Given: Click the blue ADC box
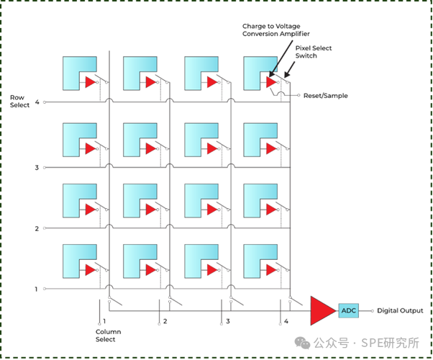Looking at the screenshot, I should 349,311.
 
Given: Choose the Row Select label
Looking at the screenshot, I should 20,101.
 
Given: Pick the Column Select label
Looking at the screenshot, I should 106,335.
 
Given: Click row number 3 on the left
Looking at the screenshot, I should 36,167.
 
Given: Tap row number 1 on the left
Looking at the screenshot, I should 36,289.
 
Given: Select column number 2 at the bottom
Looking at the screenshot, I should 165,321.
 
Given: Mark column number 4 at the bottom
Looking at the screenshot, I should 286,321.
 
